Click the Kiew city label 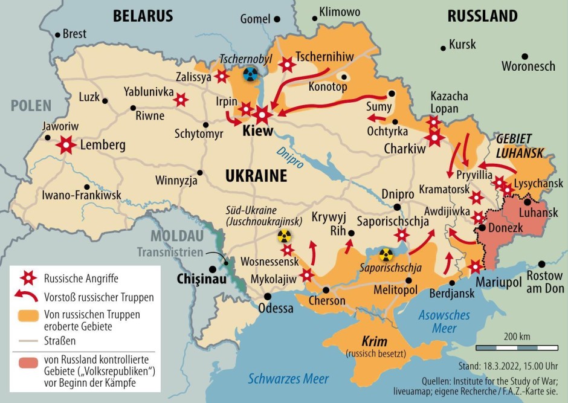coord(258,131)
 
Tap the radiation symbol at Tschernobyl coord(250,74)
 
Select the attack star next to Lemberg coord(66,145)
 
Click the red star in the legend coord(27,279)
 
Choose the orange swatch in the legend coord(27,315)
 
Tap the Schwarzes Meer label coord(289,379)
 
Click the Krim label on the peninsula coord(374,341)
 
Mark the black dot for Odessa coord(267,295)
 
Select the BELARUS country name coord(143,16)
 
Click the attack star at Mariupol coord(476,266)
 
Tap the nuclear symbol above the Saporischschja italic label coord(386,254)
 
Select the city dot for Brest coord(57,34)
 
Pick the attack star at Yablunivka coord(181,100)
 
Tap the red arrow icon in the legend coord(27,297)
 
